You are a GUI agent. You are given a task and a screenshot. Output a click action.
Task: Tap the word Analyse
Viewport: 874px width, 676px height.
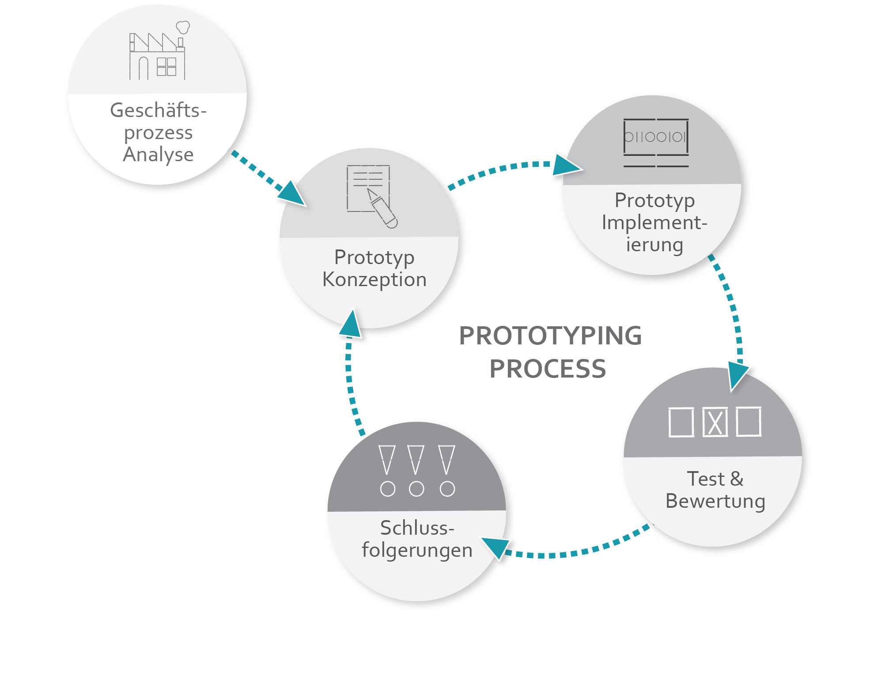[158, 155]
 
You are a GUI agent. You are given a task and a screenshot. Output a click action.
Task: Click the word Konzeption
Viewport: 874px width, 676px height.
[375, 280]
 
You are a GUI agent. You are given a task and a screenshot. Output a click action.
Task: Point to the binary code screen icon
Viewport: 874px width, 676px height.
[656, 143]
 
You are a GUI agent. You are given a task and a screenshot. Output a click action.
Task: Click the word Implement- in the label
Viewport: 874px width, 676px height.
[655, 222]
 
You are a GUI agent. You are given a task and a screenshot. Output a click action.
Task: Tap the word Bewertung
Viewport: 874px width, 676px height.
[715, 502]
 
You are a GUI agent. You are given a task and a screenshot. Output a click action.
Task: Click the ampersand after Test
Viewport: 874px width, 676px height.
[737, 479]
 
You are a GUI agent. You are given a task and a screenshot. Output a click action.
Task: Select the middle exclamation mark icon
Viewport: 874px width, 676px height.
[416, 471]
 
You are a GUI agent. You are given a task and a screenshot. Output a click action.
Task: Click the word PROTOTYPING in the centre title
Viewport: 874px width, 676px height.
[550, 336]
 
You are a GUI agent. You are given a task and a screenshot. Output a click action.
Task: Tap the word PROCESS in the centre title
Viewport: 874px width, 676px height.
[548, 369]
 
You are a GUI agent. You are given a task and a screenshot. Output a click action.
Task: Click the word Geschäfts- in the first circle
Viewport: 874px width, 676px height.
[158, 110]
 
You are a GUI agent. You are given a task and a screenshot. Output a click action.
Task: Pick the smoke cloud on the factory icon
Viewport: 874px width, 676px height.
[183, 27]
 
